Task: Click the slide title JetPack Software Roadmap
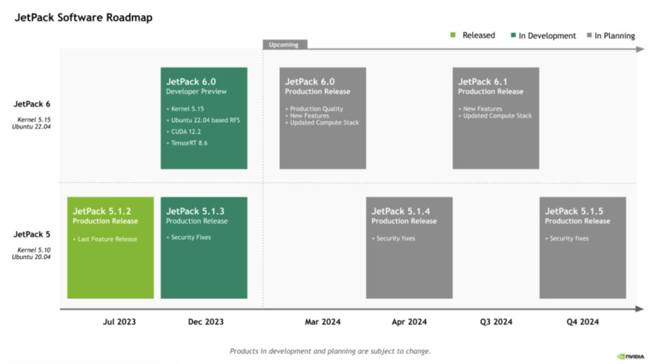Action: point(83,18)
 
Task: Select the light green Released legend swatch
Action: point(453,35)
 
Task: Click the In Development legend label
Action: point(547,36)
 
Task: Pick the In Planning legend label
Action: point(614,36)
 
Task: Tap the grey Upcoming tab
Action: point(285,45)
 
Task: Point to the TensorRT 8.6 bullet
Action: point(189,143)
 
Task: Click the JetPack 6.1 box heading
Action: point(482,81)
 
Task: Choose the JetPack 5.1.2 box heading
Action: point(103,211)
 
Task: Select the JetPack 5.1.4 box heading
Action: point(401,211)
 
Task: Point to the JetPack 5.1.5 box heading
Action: point(574,211)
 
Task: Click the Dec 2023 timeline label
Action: point(206,322)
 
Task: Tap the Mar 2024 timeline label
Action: point(322,322)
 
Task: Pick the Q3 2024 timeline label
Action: point(496,322)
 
